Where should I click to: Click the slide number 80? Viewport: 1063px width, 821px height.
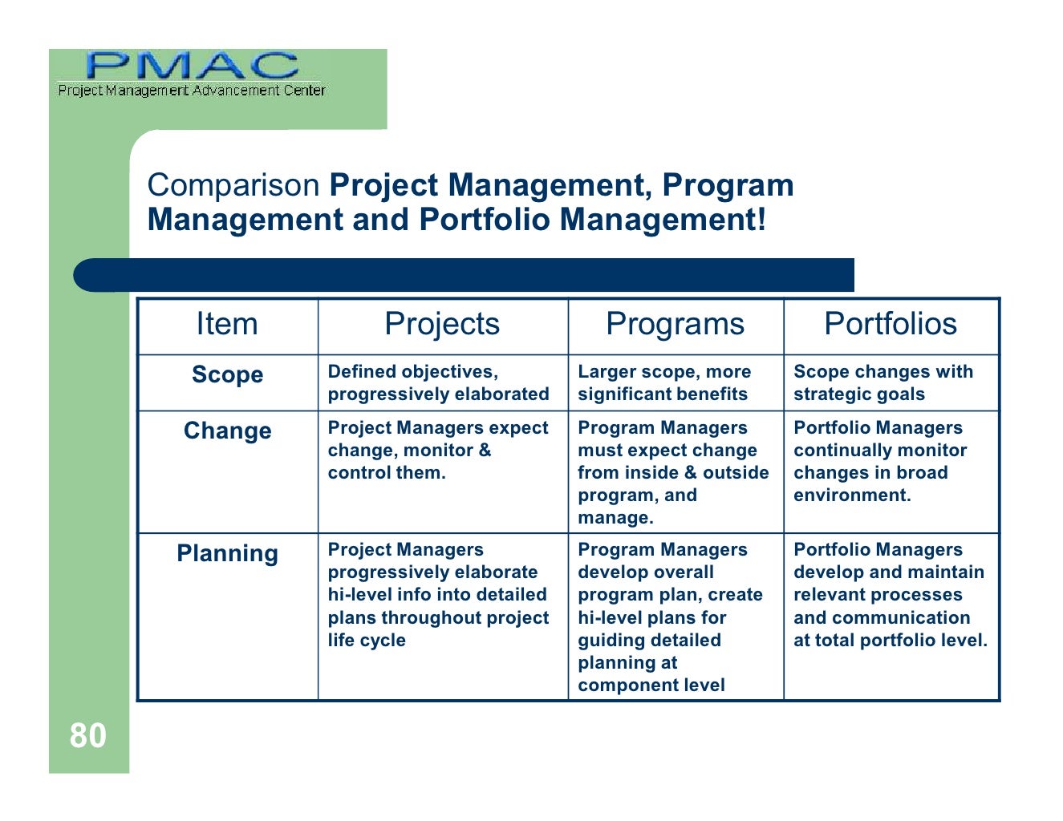pos(87,736)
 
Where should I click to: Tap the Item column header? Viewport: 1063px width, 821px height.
pos(227,325)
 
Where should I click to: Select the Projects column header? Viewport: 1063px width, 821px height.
pos(441,325)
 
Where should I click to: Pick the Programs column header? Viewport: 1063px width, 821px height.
pos(675,325)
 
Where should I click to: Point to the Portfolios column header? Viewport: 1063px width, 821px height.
pos(890,325)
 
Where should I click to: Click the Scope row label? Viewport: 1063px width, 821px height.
pos(227,374)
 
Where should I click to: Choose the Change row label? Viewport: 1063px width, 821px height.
pos(227,431)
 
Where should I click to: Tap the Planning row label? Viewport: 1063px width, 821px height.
pos(227,553)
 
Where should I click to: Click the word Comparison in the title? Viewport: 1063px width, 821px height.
pos(233,186)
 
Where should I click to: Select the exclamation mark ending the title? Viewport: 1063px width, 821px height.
pos(761,219)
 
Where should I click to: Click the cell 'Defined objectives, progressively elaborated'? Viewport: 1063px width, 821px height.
pos(438,383)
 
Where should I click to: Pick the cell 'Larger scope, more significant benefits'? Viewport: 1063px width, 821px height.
pos(663,383)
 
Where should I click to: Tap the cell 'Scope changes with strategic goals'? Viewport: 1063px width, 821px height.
pos(882,383)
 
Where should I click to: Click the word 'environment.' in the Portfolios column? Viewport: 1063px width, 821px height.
pos(852,495)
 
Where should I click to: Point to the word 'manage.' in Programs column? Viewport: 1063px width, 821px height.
pos(615,518)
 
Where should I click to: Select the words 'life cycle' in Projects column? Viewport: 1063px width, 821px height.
pos(367,641)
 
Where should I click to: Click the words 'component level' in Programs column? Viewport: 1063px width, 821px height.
pos(651,686)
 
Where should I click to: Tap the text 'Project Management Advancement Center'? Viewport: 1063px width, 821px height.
pos(191,91)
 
